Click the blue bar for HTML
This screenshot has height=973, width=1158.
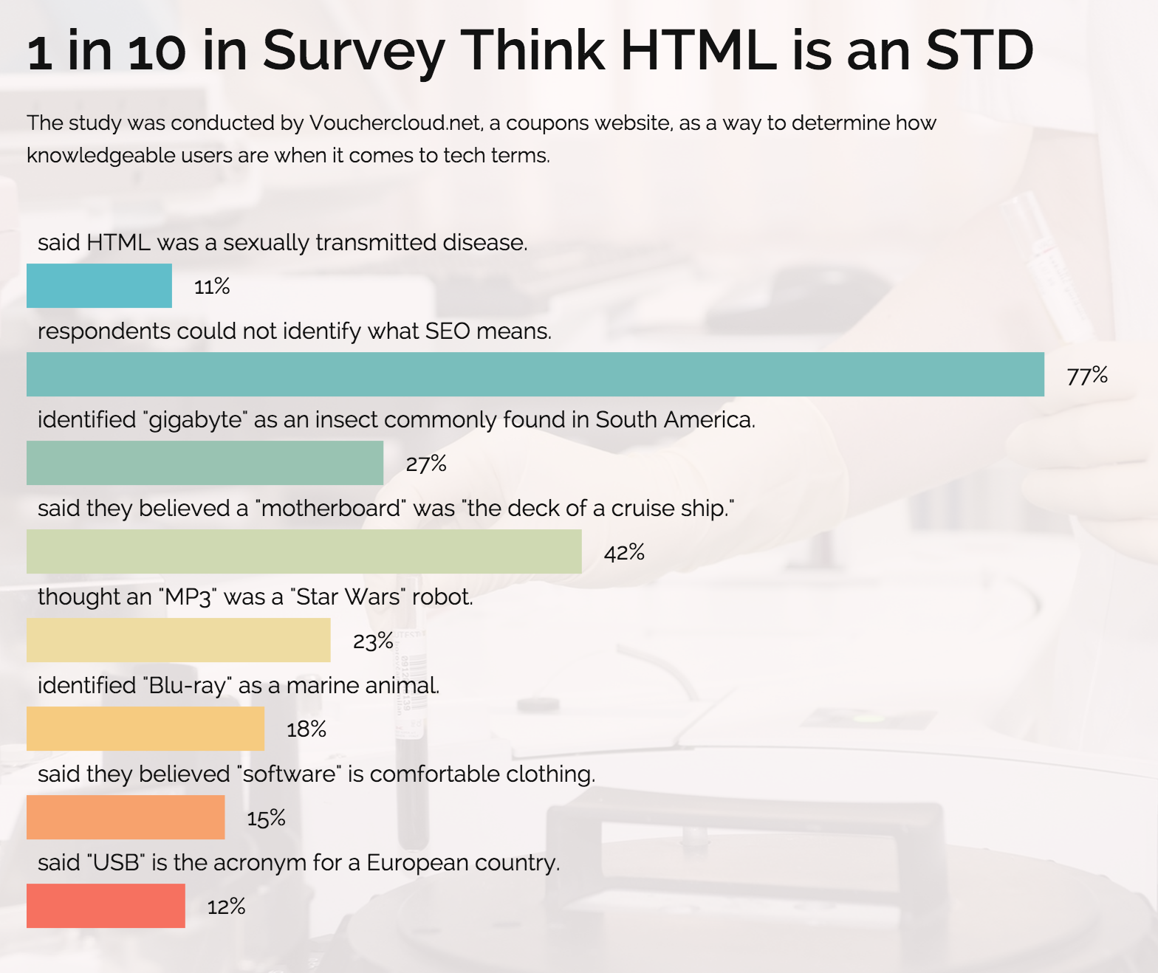click(x=99, y=286)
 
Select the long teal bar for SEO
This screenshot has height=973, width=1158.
click(x=535, y=374)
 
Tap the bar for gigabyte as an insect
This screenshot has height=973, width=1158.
click(x=205, y=463)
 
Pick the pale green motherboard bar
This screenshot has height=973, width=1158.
click(x=304, y=551)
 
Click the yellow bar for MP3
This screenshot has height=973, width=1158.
click(x=178, y=640)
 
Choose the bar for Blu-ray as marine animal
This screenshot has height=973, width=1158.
click(x=145, y=729)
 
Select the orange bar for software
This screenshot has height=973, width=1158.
click(x=126, y=817)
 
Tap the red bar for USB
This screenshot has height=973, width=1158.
click(x=106, y=906)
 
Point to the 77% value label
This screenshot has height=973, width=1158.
click(x=1087, y=376)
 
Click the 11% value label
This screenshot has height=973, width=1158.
click(x=212, y=286)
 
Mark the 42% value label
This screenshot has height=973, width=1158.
click(x=624, y=552)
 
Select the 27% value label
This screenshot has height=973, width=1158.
click(x=426, y=464)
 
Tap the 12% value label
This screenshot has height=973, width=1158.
click(x=226, y=907)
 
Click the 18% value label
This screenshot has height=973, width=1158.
click(x=306, y=729)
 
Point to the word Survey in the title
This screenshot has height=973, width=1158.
click(x=354, y=52)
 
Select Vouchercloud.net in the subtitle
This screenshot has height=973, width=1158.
click(x=396, y=123)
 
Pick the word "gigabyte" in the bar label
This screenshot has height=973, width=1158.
click(x=196, y=420)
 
